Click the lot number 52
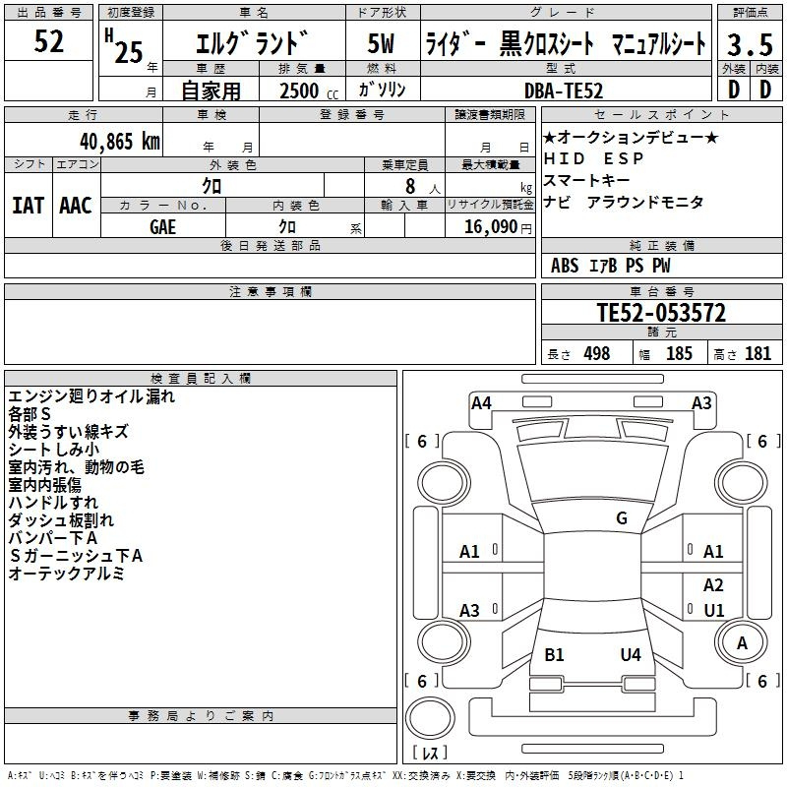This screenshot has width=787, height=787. (48, 41)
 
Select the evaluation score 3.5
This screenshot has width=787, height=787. (750, 44)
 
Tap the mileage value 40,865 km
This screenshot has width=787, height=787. (120, 142)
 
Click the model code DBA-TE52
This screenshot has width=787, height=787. (564, 91)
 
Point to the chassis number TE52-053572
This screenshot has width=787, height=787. (661, 313)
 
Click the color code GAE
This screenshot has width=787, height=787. (162, 227)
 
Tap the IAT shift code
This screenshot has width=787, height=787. (29, 206)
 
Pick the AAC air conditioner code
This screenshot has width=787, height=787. (76, 206)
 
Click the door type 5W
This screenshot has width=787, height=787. (381, 43)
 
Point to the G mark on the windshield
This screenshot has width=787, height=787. (622, 517)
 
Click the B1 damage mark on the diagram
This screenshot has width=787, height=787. (554, 654)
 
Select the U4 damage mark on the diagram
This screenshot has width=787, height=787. (631, 654)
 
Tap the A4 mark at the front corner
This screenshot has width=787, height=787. (481, 403)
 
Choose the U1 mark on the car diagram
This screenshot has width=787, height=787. (714, 610)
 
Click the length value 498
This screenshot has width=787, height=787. (597, 353)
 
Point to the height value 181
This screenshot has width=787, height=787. (757, 353)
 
